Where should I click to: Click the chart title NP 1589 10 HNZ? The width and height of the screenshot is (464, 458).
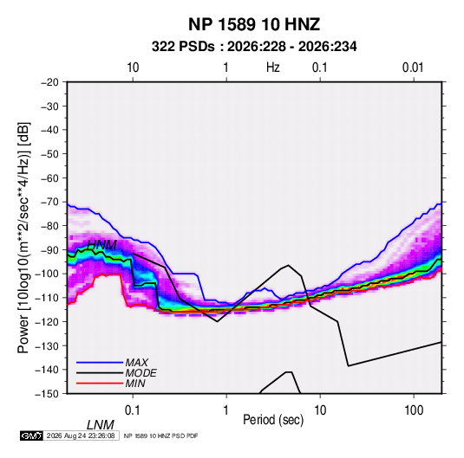(254, 24)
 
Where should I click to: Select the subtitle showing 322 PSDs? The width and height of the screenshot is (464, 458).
(254, 47)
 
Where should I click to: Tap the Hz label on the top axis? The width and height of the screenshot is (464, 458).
(273, 68)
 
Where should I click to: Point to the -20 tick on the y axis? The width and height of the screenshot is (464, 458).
(49, 82)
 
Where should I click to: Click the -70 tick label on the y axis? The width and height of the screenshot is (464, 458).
(49, 202)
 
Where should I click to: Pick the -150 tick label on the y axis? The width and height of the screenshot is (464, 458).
(47, 394)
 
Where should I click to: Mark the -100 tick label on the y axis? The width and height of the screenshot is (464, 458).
(47, 274)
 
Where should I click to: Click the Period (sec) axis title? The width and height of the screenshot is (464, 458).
(273, 420)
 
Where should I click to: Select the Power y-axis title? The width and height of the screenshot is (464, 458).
(23, 237)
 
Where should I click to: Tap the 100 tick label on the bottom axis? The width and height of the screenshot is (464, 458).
(414, 410)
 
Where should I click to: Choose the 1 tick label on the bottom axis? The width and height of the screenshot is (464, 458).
(226, 410)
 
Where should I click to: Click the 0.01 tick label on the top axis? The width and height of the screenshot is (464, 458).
(413, 68)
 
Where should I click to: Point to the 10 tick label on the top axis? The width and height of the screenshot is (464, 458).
(133, 68)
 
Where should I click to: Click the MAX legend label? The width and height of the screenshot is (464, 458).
(137, 363)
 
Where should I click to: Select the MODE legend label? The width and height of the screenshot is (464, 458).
(141, 373)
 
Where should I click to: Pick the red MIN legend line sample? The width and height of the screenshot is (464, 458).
(100, 384)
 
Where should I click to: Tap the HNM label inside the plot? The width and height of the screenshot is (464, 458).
(102, 245)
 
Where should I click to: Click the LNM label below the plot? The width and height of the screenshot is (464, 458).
(101, 425)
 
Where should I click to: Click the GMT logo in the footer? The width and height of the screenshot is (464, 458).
(32, 435)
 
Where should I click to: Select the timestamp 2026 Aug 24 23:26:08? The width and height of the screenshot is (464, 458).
(81, 435)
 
